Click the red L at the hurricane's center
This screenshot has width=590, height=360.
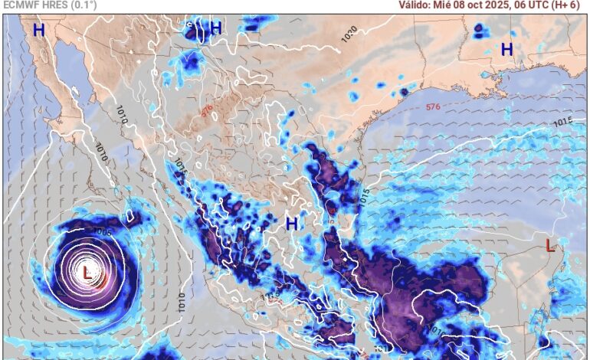tap(87, 271)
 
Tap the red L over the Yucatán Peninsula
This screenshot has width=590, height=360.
tap(549, 245)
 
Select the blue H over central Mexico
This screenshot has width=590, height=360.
tap(291, 224)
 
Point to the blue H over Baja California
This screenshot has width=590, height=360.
tap(38, 31)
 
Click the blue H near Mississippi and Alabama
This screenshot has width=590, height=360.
tap(506, 50)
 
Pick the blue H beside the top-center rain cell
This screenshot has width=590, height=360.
tap(216, 28)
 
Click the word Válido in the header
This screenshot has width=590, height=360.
tap(415, 5)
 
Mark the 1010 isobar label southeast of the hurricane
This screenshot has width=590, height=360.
tap(182, 299)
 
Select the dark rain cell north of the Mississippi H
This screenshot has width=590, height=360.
tap(480, 31)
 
